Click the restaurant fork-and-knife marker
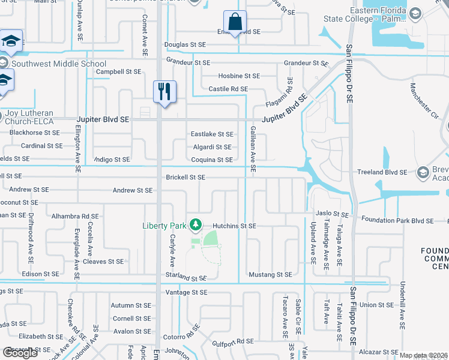coord(164,92)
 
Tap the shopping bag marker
coord(235,22)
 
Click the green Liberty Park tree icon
coord(194,225)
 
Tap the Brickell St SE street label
coord(185,178)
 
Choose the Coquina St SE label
coord(211,160)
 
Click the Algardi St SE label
coord(211,147)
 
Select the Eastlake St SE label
coord(211,134)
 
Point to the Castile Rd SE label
coord(228,89)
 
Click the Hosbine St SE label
coord(239,76)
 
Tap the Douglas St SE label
coord(185,44)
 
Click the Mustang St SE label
coord(270,274)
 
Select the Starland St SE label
coord(186,278)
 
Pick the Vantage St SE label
coord(186,292)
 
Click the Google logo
coord(20,353)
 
